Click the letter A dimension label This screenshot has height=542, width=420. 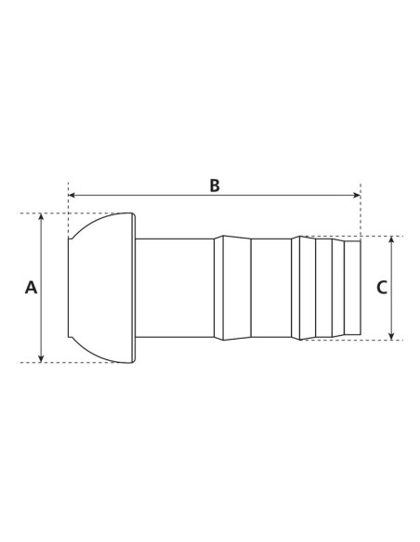click(31, 289)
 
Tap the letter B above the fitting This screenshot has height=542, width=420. click(214, 185)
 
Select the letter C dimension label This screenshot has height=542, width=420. click(381, 288)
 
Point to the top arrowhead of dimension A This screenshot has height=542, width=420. click(42, 218)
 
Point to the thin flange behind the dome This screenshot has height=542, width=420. click(134, 288)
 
